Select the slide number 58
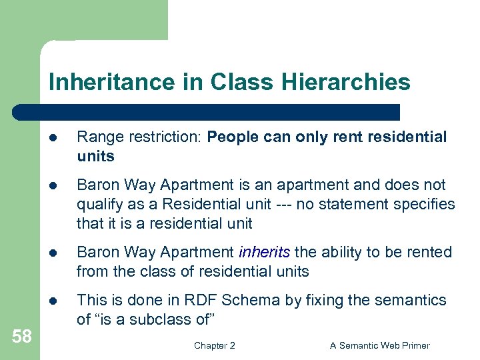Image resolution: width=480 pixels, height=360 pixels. click(21, 337)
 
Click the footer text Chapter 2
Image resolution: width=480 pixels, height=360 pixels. click(215, 345)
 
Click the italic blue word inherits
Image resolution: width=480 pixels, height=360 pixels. click(264, 252)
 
